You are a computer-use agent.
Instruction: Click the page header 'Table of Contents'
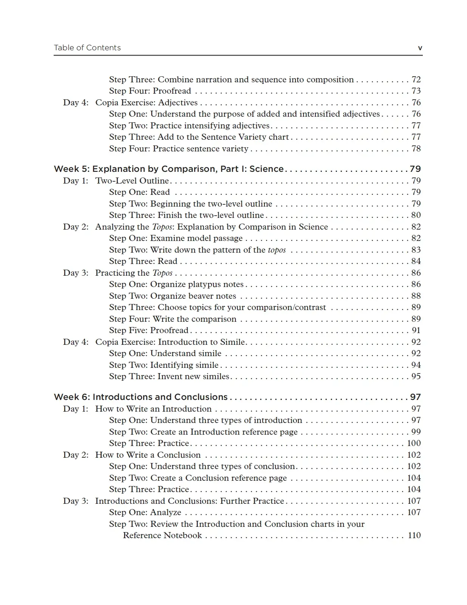click(87, 48)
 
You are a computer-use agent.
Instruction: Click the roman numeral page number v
click(420, 48)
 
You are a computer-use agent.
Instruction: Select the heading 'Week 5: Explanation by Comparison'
click(169, 169)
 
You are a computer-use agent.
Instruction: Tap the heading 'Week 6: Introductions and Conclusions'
click(141, 397)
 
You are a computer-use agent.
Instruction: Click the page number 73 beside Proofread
click(416, 91)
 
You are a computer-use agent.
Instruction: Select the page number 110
click(414, 536)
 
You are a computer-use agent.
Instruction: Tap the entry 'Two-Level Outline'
click(132, 181)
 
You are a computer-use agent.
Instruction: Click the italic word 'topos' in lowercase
click(277, 250)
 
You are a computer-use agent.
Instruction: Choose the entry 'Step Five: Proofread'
click(148, 330)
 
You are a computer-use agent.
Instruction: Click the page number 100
click(414, 443)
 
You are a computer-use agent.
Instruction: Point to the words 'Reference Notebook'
click(162, 536)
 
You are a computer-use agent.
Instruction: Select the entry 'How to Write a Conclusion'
click(148, 455)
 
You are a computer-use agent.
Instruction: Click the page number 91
click(416, 330)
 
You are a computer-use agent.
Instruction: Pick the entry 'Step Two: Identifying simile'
click(164, 365)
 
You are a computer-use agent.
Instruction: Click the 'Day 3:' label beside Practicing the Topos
click(76, 273)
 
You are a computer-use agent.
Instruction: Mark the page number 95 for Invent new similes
click(416, 377)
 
